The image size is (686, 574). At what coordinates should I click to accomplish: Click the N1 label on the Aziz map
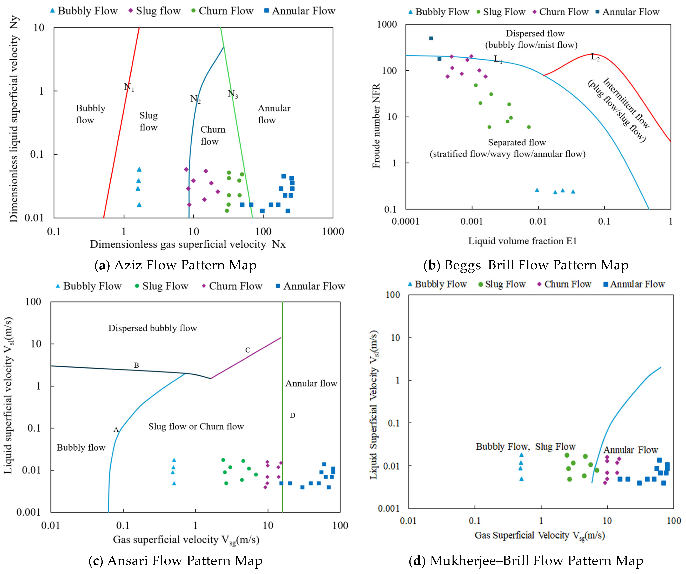click(129, 87)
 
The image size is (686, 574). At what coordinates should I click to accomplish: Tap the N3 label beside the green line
click(233, 94)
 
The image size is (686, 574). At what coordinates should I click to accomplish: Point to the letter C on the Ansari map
click(248, 350)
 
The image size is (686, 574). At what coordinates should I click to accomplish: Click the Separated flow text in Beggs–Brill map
click(517, 143)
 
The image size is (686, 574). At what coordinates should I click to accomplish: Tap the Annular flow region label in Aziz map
click(274, 114)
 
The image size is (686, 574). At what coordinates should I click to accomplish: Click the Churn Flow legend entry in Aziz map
click(222, 11)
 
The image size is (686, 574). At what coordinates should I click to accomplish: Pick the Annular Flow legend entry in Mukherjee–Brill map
click(634, 284)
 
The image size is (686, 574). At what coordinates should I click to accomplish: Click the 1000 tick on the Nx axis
click(333, 232)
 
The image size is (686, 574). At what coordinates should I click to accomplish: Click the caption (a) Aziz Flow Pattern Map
click(175, 265)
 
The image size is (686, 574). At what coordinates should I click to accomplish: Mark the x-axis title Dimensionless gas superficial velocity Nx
click(188, 244)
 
